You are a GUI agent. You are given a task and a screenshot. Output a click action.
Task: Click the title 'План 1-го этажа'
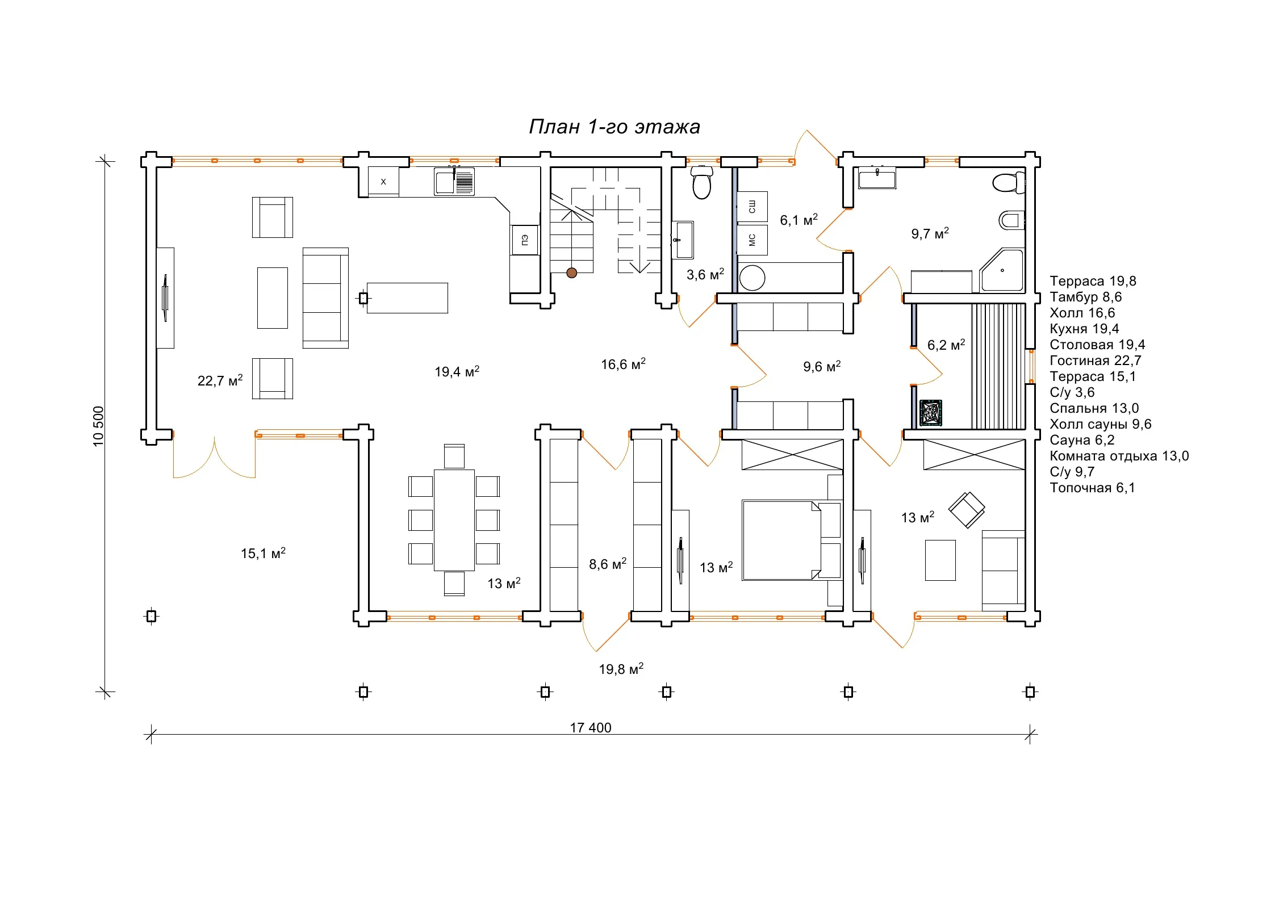(614, 127)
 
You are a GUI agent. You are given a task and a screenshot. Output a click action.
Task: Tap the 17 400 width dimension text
(591, 728)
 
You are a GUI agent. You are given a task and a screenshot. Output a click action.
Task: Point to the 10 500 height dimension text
(99, 426)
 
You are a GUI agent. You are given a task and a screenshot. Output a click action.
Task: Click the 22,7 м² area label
(220, 380)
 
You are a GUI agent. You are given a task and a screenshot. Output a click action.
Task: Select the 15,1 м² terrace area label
(263, 553)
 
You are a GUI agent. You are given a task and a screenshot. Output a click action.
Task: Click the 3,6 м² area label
(705, 274)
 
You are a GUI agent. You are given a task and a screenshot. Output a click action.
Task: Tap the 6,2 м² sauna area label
(946, 345)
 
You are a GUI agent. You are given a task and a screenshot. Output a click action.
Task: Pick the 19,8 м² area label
(621, 669)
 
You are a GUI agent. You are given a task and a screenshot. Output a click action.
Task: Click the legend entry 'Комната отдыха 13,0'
(1119, 456)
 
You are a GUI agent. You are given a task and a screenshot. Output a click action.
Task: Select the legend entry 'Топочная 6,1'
(1093, 488)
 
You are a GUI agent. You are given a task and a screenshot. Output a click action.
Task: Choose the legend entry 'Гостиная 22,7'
(1096, 361)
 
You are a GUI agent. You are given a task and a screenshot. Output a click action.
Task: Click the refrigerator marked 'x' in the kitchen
(383, 182)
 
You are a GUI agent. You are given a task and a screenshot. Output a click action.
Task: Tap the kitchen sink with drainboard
(454, 182)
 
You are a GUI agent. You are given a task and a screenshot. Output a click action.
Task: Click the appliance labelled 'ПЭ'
(525, 240)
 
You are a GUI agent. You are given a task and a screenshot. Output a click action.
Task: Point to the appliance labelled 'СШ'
(753, 207)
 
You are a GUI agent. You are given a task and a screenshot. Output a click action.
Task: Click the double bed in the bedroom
(792, 540)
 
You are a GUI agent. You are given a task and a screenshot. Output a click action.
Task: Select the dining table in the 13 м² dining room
(454, 520)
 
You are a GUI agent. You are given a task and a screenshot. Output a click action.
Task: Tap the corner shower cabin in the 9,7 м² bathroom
(1002, 270)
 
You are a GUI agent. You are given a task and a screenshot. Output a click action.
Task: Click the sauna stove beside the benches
(931, 413)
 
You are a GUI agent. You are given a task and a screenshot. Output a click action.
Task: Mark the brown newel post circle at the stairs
(572, 273)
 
